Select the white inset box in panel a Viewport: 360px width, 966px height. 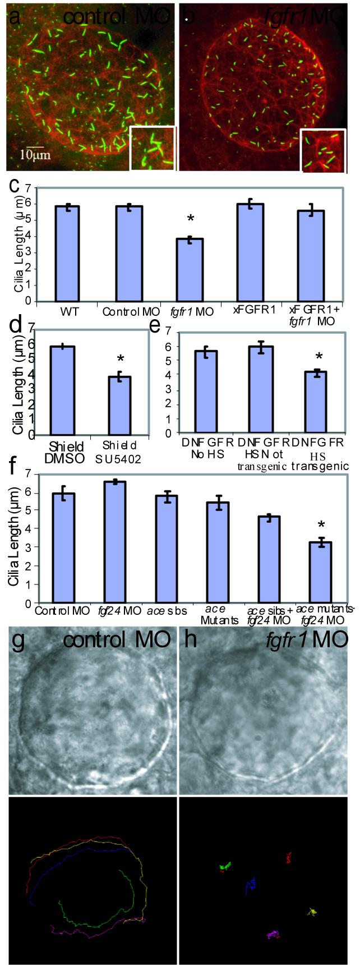click(153, 148)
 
